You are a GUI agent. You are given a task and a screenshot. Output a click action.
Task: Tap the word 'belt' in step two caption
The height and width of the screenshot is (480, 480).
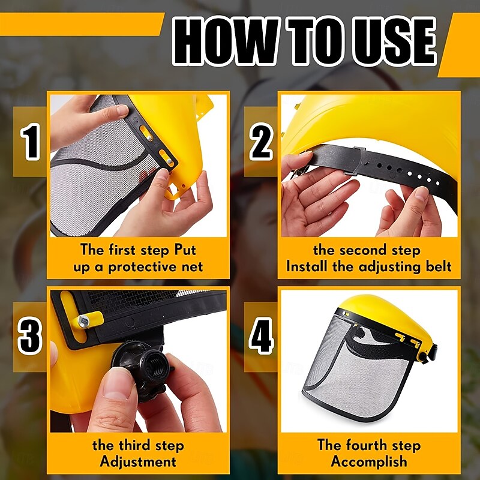coord(436,266)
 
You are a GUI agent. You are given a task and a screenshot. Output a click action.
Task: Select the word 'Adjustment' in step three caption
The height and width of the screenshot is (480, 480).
coord(138,461)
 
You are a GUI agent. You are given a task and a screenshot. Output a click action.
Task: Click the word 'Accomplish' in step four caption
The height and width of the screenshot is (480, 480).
coord(369,461)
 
